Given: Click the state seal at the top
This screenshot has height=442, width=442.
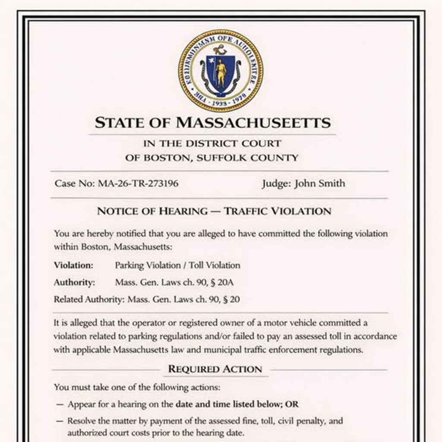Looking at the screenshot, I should pos(221,70).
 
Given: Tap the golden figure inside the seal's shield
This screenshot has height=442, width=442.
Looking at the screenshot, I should pos(221,73).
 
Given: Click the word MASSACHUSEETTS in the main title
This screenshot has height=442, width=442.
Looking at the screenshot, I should pos(253,123).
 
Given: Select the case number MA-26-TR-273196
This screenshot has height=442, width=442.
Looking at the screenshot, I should pos(138,183).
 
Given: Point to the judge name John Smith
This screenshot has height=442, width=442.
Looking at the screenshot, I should pos(320,183).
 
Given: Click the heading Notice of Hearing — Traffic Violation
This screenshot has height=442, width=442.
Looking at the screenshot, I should pos(214,211).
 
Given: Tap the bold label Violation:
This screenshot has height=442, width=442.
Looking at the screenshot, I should pos(73,265).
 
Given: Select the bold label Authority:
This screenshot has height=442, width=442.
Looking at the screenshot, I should pos(74,283).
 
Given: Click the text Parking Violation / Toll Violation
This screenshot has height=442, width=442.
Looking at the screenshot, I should pos(177,265).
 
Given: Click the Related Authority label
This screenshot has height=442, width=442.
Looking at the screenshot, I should pos(89,299).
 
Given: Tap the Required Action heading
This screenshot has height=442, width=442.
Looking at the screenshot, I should pos(215,369).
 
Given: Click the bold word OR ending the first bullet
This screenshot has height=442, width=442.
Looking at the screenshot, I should pos(292,404).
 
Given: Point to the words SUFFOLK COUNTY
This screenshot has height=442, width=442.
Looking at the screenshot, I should pos(247,158).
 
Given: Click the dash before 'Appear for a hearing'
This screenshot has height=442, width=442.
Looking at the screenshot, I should pos(60,405).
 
